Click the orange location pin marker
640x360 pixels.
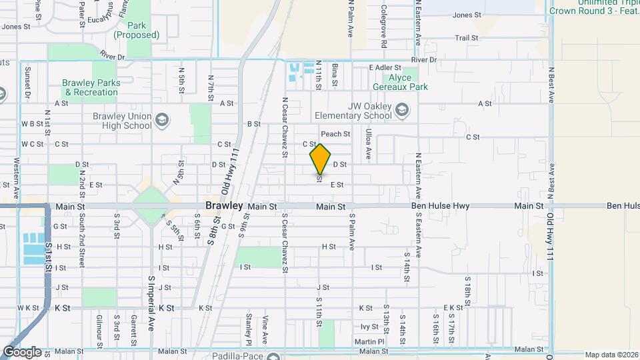(x=321, y=159)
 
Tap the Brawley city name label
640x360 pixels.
(x=224, y=206)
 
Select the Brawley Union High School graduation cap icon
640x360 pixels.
(x=161, y=121)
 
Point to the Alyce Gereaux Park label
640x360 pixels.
(x=409, y=82)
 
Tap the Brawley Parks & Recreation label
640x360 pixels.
(x=91, y=87)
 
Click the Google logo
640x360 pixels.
(x=22, y=351)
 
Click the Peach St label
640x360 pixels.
(x=335, y=134)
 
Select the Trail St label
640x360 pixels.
(x=467, y=38)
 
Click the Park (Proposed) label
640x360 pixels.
(x=135, y=30)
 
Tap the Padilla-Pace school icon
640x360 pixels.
(x=273, y=356)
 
